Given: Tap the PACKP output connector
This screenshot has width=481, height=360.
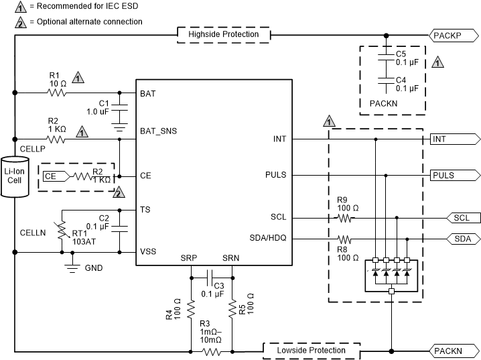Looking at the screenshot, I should tap(454, 35).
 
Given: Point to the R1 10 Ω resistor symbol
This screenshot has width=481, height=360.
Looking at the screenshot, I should tap(56, 93).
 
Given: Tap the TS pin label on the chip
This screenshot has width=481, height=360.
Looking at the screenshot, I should tap(145, 210).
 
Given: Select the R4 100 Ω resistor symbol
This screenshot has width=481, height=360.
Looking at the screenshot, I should tap(191, 309).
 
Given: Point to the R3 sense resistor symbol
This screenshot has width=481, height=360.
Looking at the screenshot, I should tap(212, 351).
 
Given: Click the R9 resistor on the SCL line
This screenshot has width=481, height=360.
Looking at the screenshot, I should tap(345, 218).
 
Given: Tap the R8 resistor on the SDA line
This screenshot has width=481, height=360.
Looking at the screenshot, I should tap(345, 239).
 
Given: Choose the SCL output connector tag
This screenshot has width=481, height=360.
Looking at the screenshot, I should tap(462, 218).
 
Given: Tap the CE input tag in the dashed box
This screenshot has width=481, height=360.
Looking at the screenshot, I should tap(53, 176).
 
